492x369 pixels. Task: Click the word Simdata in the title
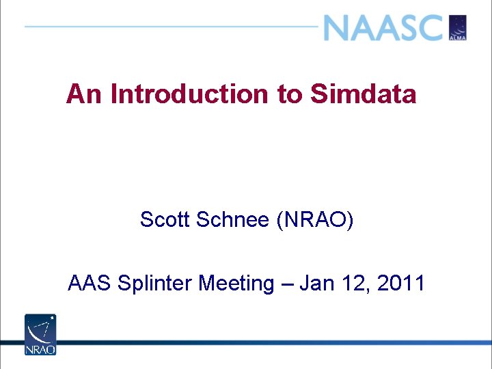tap(364, 94)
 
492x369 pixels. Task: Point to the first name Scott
tap(165, 220)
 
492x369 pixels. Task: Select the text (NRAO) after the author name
tap(315, 220)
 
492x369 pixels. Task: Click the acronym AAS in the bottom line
tap(90, 283)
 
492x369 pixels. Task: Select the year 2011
tap(401, 283)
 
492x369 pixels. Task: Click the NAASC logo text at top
tap(383, 28)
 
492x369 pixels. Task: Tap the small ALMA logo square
tap(457, 28)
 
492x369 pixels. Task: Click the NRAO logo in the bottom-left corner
tap(40, 334)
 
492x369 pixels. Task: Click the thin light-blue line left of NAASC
tap(171, 27)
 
